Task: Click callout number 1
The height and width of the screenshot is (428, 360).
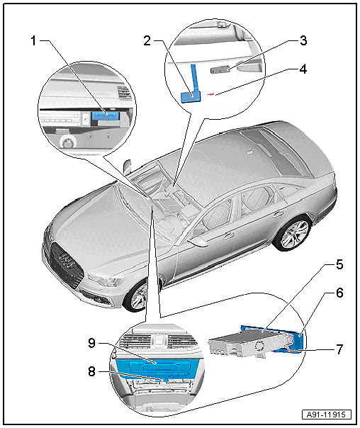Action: coord(33,41)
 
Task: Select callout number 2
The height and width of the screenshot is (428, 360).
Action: coord(147,41)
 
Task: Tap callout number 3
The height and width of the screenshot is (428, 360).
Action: coord(303,40)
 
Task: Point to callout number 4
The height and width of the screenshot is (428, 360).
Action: coord(303,69)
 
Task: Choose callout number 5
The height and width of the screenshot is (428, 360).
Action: coord(339,264)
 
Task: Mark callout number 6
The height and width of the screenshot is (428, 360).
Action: coord(339,293)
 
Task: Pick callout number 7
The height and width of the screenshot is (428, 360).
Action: coord(339,349)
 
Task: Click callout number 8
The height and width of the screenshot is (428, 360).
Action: coord(91,371)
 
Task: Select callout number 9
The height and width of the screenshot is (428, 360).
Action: coord(91,343)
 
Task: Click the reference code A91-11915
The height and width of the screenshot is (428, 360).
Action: coord(327,415)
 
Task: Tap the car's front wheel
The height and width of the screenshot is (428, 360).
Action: coord(137,297)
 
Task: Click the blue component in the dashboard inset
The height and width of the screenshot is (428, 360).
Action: coord(106,116)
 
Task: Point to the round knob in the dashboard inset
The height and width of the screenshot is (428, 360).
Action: coord(67,142)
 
